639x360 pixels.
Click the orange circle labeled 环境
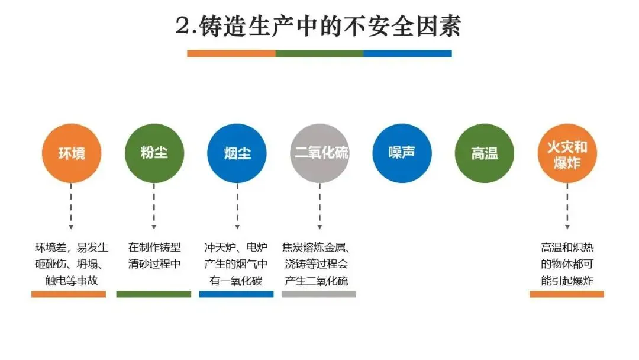tap(72, 153)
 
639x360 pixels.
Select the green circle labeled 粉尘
tap(154, 153)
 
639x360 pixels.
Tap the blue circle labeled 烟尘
tap(237, 153)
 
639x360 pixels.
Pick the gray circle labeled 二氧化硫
tap(320, 153)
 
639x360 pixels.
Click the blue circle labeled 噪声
tap(402, 153)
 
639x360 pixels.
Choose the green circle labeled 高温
tap(484, 153)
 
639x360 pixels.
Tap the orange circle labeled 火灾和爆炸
tap(567, 153)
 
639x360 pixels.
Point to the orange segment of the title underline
tap(231, 53)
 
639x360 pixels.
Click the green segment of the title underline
tap(319, 53)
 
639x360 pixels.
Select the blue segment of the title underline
tap(408, 53)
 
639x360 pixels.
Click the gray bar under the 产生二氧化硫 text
tap(319, 294)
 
